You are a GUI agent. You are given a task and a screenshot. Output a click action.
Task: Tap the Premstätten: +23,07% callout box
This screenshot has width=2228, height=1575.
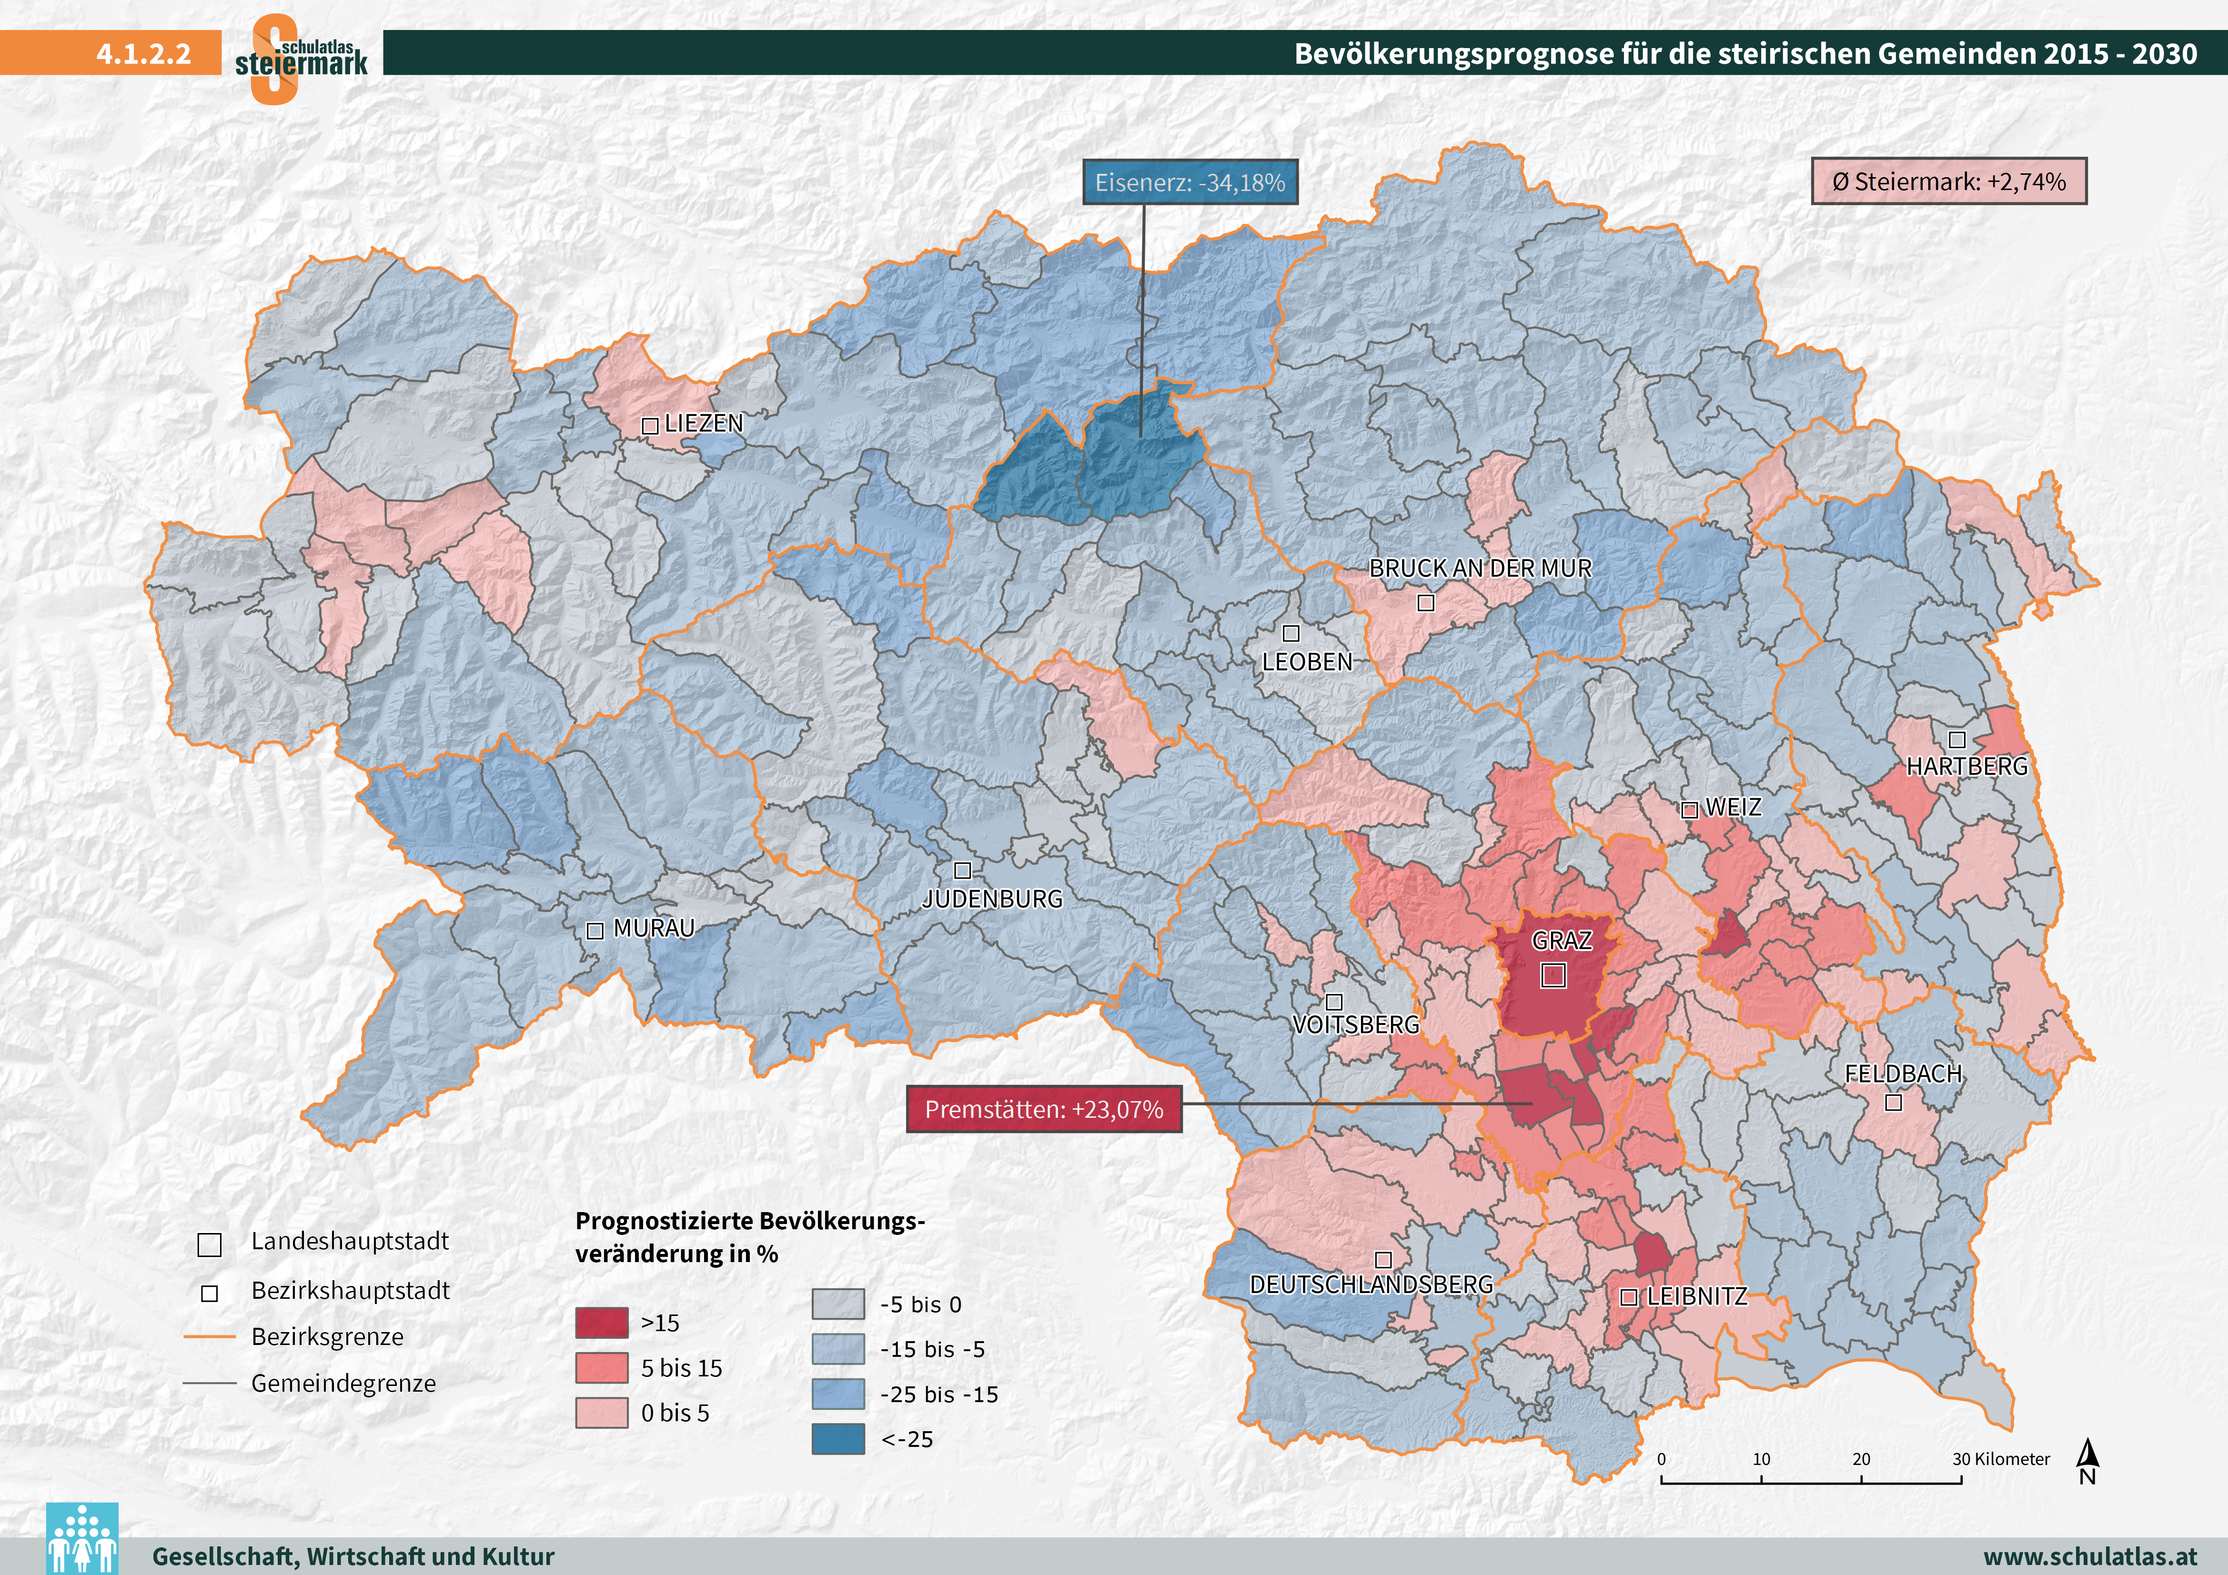click(1044, 1109)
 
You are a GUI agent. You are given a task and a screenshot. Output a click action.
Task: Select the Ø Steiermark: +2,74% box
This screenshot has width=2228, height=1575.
click(1948, 181)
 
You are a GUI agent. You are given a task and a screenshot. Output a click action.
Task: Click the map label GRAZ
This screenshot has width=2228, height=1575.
click(1562, 940)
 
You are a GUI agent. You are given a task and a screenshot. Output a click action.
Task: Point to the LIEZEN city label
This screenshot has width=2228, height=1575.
click(704, 424)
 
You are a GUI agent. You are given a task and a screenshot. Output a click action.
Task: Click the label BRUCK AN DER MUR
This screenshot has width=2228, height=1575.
click(1480, 569)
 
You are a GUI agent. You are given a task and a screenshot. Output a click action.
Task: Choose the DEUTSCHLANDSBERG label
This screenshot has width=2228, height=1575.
click(1371, 1285)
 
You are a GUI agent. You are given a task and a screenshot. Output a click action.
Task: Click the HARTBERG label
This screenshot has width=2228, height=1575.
click(1967, 767)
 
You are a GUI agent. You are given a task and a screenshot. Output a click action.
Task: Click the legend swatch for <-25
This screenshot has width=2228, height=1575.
click(837, 1438)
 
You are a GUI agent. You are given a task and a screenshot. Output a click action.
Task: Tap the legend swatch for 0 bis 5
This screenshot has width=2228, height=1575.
click(602, 1413)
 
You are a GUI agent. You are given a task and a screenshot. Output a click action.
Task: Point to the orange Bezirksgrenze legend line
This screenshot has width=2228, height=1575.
click(210, 1336)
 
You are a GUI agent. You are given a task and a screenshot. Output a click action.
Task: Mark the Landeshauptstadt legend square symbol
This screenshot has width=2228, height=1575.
click(210, 1243)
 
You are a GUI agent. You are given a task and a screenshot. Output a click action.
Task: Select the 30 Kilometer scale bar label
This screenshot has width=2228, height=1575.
click(2001, 1458)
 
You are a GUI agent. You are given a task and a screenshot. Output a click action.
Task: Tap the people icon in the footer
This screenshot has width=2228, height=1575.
click(82, 1538)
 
